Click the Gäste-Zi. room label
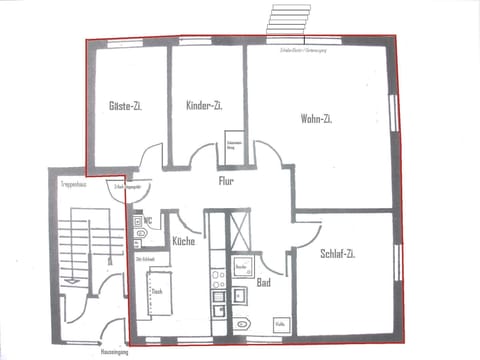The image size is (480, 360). pyautogui.click(x=126, y=105)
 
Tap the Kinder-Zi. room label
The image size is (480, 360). pyautogui.click(x=204, y=105)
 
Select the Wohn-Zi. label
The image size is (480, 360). pyautogui.click(x=316, y=118)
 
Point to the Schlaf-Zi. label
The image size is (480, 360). pyautogui.click(x=338, y=254)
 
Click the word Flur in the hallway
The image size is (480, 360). pyautogui.click(x=227, y=182)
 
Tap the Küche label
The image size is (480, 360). pyautogui.click(x=183, y=242)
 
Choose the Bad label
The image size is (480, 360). pyautogui.click(x=264, y=283)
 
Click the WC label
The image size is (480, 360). pyautogui.click(x=148, y=220)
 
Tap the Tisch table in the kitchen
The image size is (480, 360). pyautogui.click(x=157, y=293)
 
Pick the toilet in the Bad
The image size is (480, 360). pyautogui.click(x=245, y=323)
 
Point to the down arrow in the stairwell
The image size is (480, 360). pyautogui.click(x=69, y=281)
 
